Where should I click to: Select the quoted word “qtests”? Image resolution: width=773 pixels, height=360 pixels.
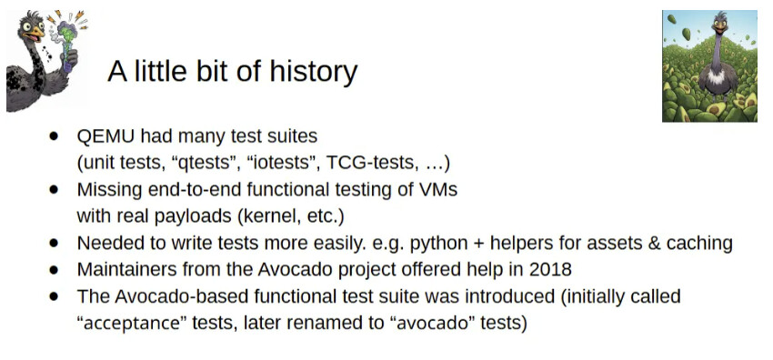[x=206, y=163]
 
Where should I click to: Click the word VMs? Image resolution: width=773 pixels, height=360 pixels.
[x=437, y=190]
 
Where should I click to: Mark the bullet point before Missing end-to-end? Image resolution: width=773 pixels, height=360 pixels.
[x=54, y=190]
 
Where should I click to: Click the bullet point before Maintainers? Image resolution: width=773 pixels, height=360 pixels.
[x=54, y=270]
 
